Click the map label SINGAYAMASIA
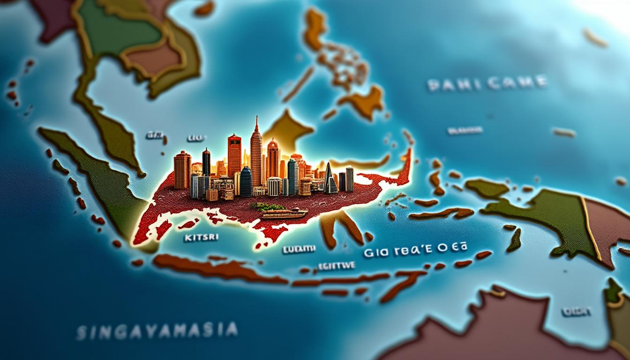click(157, 331)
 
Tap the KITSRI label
click(202, 238)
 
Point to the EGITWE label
click(336, 265)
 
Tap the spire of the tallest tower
click(256, 123)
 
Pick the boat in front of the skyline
click(284, 214)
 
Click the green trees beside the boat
click(267, 206)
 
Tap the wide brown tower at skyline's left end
click(182, 170)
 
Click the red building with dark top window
click(234, 155)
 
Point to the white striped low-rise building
click(274, 186)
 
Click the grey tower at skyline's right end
click(349, 179)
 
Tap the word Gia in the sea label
click(374, 253)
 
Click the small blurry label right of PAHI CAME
click(465, 130)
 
